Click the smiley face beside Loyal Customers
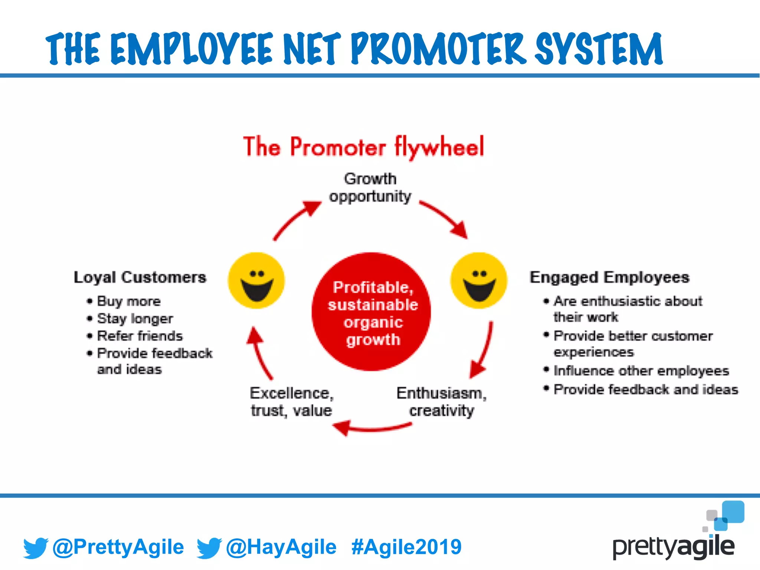point(256,281)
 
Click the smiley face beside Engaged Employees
point(479,281)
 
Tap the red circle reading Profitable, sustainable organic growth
point(371,312)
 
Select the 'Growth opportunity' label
point(370,187)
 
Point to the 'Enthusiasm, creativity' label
point(441,402)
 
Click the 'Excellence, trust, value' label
point(292,402)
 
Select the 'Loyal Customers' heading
point(140,277)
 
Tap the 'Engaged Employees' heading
point(609,277)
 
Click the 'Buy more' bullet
point(128,301)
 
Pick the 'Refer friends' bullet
point(140,336)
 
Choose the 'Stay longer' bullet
point(135,318)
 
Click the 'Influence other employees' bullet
point(641,371)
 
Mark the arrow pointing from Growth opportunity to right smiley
point(445,219)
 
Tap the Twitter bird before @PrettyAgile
point(36,548)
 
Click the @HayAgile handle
point(281,547)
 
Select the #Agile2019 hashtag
point(406,547)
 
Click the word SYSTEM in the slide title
point(599,49)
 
